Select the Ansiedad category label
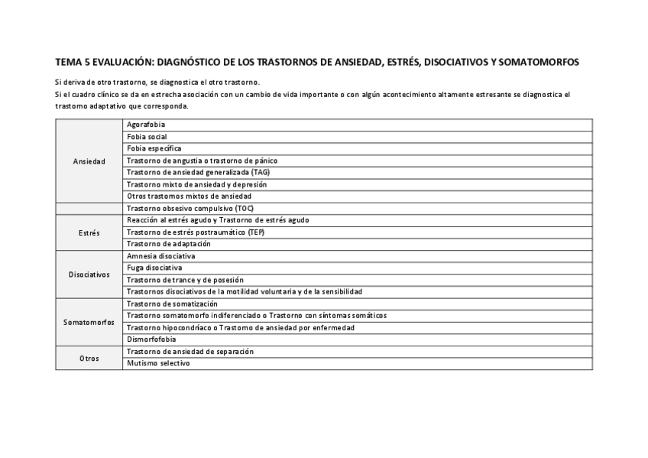coord(89,161)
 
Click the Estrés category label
coord(89,232)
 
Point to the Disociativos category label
coord(89,274)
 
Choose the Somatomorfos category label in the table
coord(89,322)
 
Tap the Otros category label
coord(89,358)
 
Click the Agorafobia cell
coord(146,125)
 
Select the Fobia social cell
coord(147,136)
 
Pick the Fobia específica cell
coord(154,148)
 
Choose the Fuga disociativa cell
coord(154,268)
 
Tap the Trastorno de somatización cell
coord(172,304)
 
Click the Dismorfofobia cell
coord(151,339)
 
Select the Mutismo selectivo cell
coord(158,363)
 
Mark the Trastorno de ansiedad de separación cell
coord(190,351)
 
